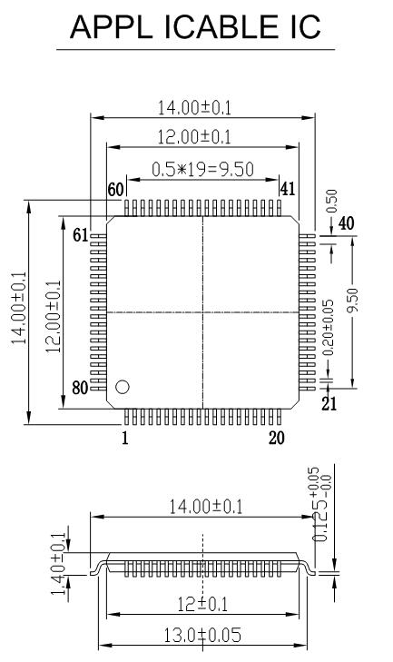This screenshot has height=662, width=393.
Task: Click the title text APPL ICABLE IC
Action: coord(197,26)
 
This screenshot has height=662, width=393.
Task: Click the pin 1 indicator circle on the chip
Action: coord(123,386)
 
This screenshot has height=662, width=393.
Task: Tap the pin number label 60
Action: coord(115,190)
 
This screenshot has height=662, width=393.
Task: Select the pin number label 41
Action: coord(289,190)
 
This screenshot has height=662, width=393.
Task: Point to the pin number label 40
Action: coord(346,223)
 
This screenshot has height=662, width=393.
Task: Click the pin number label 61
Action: coord(80,235)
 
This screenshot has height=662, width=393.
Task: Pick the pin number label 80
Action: coord(80,389)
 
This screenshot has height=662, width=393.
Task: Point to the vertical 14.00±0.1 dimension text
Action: coord(19,312)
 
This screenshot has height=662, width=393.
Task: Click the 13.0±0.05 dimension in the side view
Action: coord(201,635)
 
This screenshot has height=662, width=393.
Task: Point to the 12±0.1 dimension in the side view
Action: coord(201,604)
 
